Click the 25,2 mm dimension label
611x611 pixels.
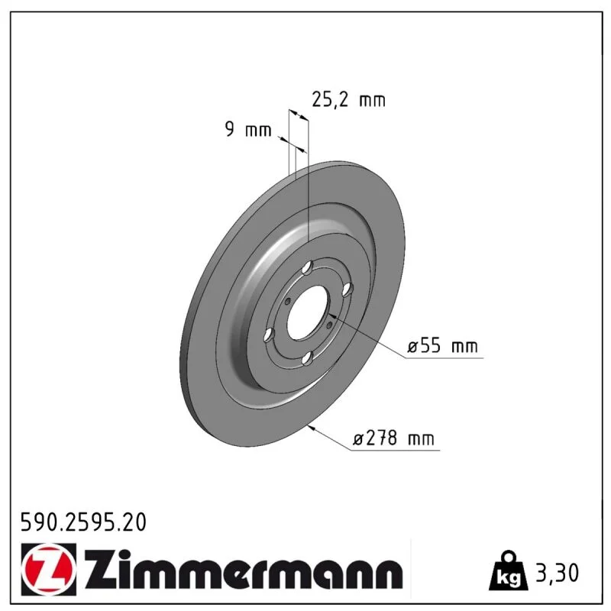349,100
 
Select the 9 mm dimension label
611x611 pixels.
248,129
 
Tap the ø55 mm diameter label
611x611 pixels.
442,346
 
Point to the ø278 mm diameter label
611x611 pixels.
393,438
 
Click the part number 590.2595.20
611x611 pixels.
83,522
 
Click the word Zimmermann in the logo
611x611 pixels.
244,569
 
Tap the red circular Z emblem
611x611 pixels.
49,569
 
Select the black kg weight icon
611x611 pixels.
509,571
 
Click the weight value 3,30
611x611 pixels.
558,573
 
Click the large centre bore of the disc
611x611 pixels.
309,312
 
